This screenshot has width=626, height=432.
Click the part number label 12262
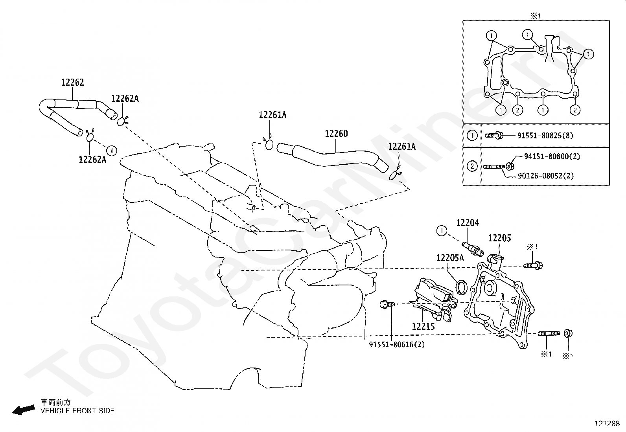(x=72, y=82)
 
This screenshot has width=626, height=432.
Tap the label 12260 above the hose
(x=336, y=134)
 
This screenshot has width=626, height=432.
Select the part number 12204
(x=468, y=223)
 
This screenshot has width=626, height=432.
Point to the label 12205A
(x=450, y=257)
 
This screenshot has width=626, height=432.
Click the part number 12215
(x=423, y=326)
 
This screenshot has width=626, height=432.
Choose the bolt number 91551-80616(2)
(x=397, y=344)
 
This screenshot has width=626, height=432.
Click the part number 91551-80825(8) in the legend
(x=545, y=136)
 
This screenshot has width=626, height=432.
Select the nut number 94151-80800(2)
(x=552, y=156)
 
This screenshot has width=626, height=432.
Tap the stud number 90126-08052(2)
(x=546, y=176)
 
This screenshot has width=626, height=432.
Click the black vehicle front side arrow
(x=24, y=410)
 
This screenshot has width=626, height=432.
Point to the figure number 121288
(x=607, y=424)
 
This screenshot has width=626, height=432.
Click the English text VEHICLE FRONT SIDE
(x=77, y=411)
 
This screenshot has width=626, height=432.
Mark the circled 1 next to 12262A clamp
(x=112, y=151)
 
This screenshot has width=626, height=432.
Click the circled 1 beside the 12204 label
(x=442, y=231)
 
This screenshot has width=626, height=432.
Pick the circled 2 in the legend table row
(x=472, y=166)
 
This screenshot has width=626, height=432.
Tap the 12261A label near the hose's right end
(x=402, y=146)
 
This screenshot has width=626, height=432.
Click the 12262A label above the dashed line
(x=125, y=98)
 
